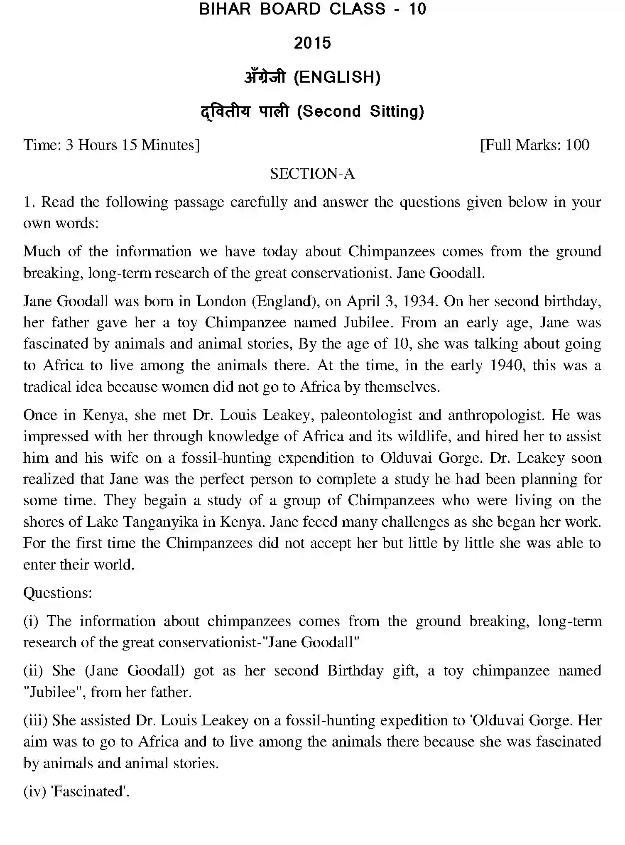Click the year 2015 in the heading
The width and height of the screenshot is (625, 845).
pos(312,43)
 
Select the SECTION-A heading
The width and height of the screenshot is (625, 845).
pos(312,174)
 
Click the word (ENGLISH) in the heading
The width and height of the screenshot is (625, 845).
pos(337,77)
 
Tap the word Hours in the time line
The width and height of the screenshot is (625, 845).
pos(98,145)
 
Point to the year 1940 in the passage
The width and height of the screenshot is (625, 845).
pos(506,366)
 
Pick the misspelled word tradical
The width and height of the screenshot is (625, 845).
pos(47,387)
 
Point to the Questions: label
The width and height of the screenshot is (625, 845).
pos(57,593)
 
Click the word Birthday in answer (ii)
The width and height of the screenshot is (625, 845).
pos(355,671)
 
